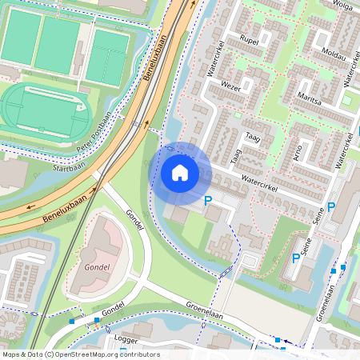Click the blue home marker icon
point(180,171)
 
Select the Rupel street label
point(248,39)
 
